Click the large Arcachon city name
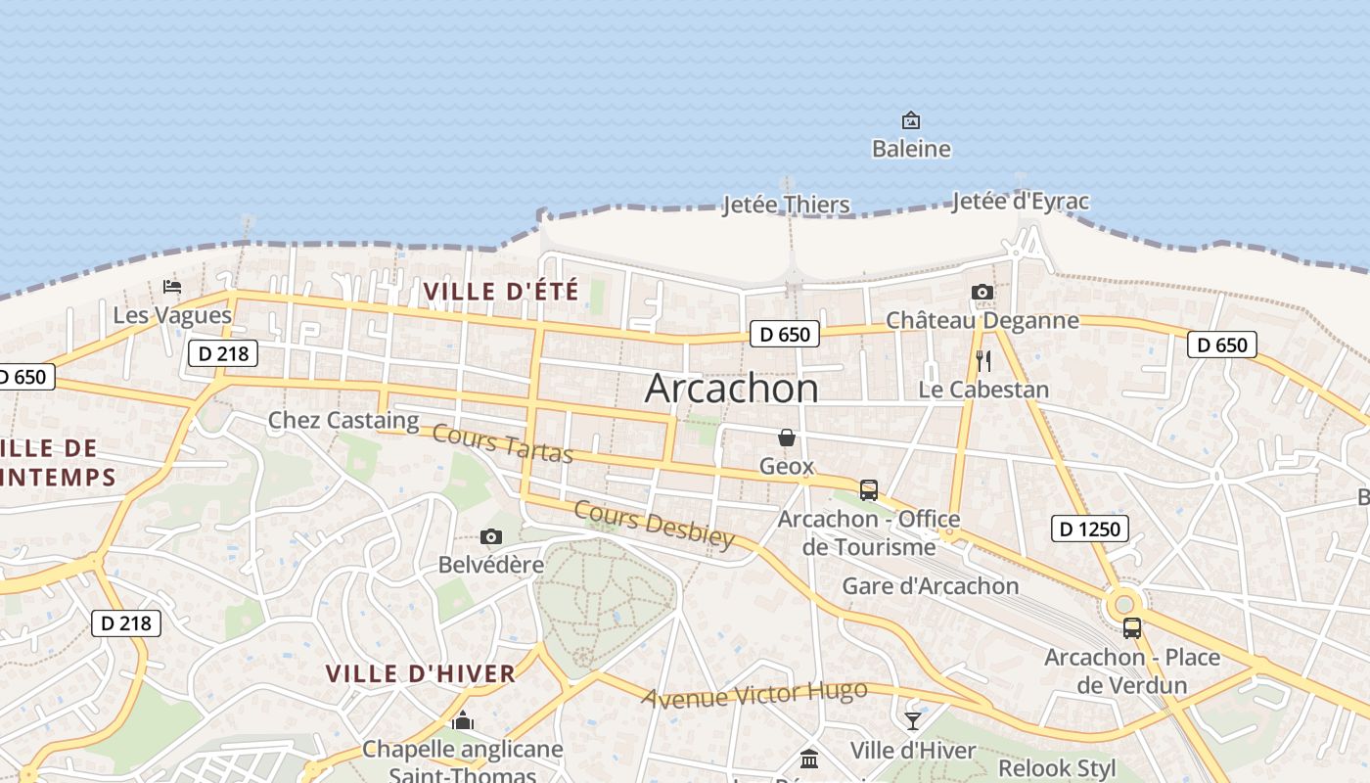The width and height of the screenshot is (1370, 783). (731, 390)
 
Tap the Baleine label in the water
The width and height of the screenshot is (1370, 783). (911, 149)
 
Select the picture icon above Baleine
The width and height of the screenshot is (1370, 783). (911, 120)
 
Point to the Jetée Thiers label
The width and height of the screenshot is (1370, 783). (786, 205)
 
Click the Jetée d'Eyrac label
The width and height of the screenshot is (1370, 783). (1020, 203)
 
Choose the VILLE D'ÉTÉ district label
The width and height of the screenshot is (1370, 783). (501, 291)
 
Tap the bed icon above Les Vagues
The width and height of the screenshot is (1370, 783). (172, 287)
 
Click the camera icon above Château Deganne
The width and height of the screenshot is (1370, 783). (982, 293)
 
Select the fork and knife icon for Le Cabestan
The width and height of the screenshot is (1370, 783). (983, 361)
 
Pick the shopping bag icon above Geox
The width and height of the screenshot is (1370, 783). (787, 438)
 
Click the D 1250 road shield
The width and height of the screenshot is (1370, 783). (1090, 530)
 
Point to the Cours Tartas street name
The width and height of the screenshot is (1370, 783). (502, 443)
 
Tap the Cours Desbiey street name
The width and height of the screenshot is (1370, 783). (654, 525)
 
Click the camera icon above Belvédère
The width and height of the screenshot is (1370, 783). (491, 536)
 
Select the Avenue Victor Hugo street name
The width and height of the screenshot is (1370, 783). (754, 695)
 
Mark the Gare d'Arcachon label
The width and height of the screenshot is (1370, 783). (931, 586)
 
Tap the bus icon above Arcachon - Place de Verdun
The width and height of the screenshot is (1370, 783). (1132, 628)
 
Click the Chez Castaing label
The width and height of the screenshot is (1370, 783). (343, 421)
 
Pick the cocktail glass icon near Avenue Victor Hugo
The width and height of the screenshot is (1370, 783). (913, 721)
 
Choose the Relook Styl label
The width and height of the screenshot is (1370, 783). (1057, 768)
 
